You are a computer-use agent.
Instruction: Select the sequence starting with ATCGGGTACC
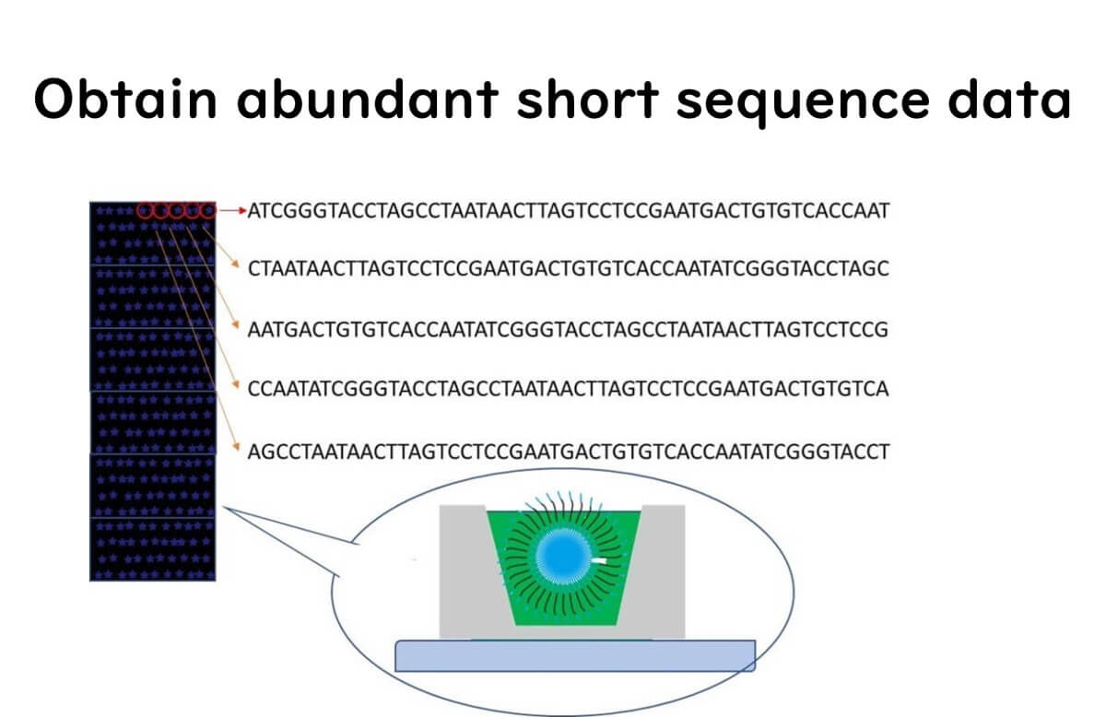click(x=569, y=211)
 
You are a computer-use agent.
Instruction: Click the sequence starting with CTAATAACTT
click(x=569, y=269)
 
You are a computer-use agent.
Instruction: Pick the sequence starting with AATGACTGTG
click(x=569, y=329)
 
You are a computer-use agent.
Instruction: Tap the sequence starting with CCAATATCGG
click(x=569, y=389)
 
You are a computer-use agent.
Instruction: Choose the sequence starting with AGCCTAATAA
click(x=569, y=451)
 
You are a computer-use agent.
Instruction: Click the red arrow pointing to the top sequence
click(x=233, y=211)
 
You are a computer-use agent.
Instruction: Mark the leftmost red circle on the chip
click(x=146, y=212)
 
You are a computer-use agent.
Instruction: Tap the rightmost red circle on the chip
click(x=208, y=212)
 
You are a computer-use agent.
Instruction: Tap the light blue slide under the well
click(x=574, y=654)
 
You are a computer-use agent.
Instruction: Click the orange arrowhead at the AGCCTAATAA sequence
click(x=237, y=449)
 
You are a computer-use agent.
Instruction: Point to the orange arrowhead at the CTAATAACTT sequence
click(x=237, y=267)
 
